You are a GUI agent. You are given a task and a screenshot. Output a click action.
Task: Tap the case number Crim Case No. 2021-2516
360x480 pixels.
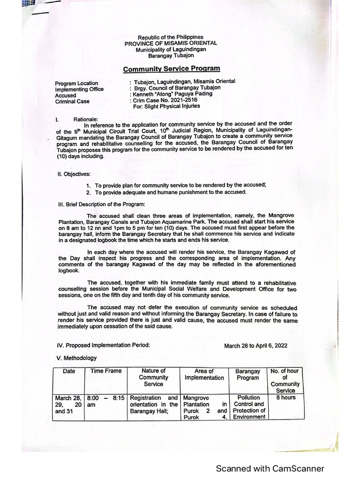coord(158,100)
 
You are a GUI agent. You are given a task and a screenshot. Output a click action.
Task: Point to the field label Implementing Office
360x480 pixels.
coord(79,89)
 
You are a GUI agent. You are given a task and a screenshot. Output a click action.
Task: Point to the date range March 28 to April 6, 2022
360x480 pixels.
coord(256,345)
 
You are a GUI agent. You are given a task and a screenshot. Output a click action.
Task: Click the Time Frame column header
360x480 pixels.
coord(106,371)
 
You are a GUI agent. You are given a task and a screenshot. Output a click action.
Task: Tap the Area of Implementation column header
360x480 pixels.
coord(204,374)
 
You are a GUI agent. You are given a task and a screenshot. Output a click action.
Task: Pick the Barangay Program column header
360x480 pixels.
coord(247,374)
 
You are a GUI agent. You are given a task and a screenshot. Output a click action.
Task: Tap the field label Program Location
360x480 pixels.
coord(76,83)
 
